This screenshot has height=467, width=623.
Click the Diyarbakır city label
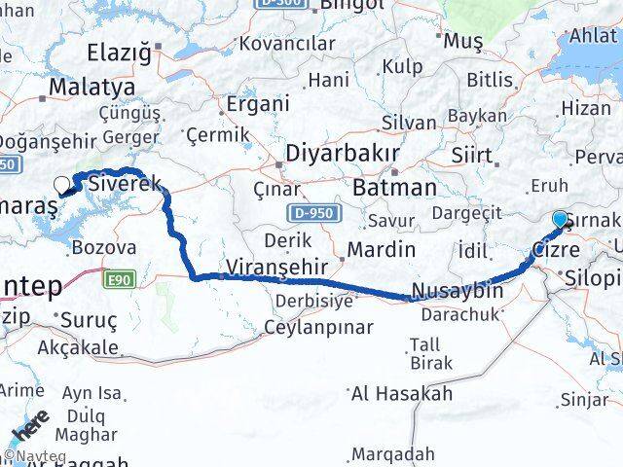coord(342,155)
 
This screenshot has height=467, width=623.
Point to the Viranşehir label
coord(266,267)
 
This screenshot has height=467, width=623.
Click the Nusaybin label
coord(458,290)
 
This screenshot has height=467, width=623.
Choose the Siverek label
coord(118,182)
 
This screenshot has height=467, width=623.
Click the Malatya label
coord(85,88)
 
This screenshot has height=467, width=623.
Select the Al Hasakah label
coord(401,394)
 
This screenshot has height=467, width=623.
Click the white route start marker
coord(62,184)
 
